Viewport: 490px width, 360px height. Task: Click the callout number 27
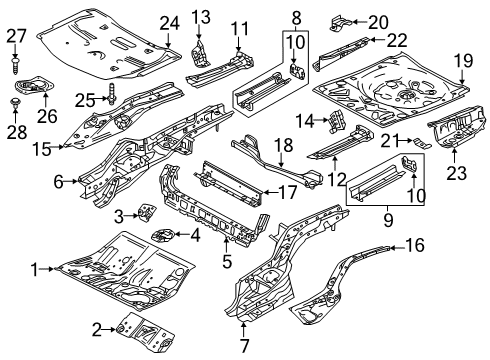16,36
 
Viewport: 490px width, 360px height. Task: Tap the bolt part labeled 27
15,66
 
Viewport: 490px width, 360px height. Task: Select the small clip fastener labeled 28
15,102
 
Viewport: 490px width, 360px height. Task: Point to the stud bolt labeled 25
111,94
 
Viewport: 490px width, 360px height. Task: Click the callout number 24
169,24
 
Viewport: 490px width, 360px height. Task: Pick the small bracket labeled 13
200,53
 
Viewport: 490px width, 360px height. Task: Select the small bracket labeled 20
340,22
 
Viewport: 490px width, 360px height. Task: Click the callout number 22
397,40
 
